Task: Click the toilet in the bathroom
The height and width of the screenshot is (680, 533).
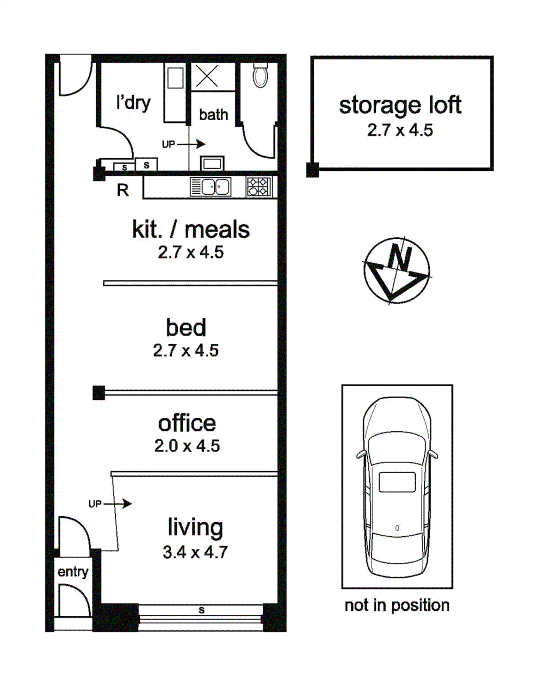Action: pos(261,75)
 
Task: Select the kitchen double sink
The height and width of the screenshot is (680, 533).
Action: pos(211,187)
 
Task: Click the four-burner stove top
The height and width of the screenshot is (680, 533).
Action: pos(259,187)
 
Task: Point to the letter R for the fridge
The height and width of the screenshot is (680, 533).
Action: pos(123,190)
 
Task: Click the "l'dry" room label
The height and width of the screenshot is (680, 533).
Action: pos(133,103)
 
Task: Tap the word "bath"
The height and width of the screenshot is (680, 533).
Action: pos(213,115)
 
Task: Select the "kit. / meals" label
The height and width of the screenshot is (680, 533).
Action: pos(191,229)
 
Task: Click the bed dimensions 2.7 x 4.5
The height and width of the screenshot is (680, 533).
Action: pos(186,351)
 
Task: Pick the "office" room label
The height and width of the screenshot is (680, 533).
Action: pos(187,423)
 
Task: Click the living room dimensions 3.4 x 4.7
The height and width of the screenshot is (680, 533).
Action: pos(195,552)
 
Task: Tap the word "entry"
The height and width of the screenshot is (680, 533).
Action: pos(73,572)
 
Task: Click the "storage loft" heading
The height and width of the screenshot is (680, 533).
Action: pos(400,106)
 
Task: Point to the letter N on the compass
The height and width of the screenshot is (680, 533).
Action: pos(400,258)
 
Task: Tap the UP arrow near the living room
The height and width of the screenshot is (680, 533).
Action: pos(118,504)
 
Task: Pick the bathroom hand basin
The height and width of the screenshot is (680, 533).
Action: pos(212,163)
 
